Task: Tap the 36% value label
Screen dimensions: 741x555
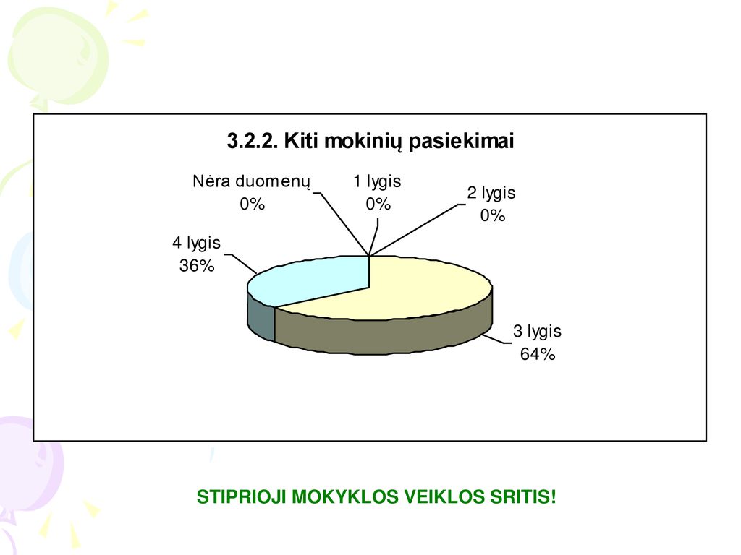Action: (197, 266)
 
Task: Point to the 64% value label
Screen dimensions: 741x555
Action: (538, 354)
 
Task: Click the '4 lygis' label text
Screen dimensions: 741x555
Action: (197, 243)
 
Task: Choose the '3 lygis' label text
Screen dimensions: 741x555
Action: (538, 331)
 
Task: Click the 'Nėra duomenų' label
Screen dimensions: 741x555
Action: (251, 181)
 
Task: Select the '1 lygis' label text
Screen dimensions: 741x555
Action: (377, 181)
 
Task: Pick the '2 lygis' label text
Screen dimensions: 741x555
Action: (491, 193)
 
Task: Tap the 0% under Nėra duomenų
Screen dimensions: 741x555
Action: (252, 204)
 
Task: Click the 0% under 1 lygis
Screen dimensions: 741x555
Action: (378, 204)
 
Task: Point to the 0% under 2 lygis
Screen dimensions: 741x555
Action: (493, 215)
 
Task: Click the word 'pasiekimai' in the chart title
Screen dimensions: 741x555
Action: (461, 141)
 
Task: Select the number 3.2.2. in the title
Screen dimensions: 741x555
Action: (253, 141)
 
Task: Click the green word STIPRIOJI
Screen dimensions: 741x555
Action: (241, 497)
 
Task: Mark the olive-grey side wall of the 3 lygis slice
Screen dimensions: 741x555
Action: (384, 335)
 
